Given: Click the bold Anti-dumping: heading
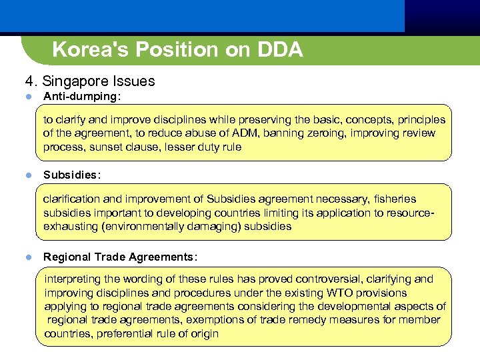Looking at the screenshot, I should (82, 97).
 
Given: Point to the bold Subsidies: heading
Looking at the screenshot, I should (72, 175).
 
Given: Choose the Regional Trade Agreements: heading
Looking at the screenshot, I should (120, 257).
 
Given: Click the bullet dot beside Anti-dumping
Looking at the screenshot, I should (29, 97).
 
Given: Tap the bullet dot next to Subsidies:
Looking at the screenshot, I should (29, 176).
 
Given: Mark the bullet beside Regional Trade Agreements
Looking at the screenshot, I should (29, 257).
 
